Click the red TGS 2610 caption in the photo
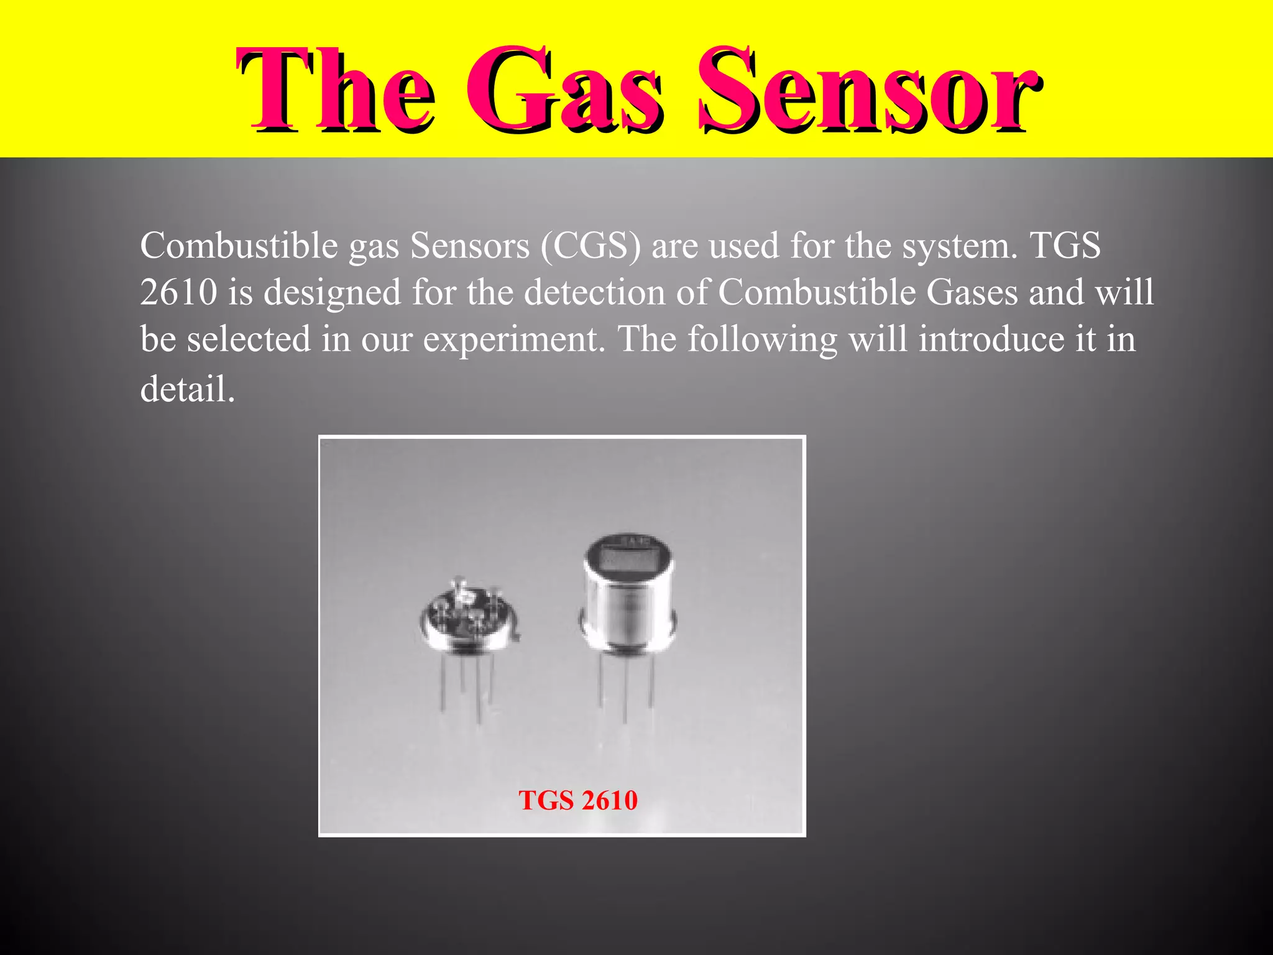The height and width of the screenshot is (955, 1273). [578, 800]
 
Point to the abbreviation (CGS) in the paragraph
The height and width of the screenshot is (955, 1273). [591, 246]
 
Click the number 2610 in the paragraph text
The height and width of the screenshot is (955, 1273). [178, 292]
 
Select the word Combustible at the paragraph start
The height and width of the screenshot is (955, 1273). [239, 246]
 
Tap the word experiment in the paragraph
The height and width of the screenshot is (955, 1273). [513, 340]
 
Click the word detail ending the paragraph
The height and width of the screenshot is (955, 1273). [187, 389]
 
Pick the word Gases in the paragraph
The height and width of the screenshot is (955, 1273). [972, 292]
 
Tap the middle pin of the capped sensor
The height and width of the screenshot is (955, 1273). [625, 690]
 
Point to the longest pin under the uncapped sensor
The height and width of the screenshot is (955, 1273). [479, 690]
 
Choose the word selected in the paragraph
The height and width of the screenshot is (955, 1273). [249, 340]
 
